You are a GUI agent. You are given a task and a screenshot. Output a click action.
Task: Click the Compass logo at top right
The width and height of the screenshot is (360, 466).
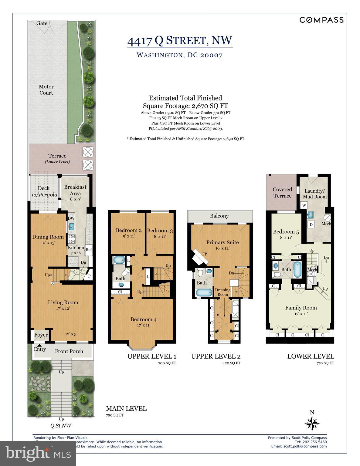tap(321, 20)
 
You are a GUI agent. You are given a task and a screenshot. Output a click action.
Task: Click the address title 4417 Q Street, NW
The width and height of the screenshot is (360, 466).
tap(180, 41)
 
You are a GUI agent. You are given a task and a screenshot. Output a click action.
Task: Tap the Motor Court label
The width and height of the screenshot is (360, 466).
tap(46, 90)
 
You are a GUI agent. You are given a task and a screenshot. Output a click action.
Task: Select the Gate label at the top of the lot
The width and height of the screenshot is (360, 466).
tap(42, 23)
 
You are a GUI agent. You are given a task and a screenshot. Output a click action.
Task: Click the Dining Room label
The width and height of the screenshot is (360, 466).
tap(48, 237)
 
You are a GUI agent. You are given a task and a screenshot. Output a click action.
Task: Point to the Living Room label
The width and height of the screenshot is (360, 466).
tap(63, 302)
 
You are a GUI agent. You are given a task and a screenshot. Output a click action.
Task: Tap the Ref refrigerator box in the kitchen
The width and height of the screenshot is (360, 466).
tap(89, 250)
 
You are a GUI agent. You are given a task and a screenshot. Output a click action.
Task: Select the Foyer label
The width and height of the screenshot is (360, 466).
tap(41, 335)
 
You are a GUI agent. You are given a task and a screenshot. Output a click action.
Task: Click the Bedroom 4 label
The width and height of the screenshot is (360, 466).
tap(144, 319)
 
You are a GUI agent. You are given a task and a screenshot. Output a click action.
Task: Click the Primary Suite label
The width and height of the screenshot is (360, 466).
tap(222, 242)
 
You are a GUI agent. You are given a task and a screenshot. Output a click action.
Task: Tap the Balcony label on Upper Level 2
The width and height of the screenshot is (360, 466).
tap(219, 216)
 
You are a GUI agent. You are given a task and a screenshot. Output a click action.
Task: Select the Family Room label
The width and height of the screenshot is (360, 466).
tap(301, 308)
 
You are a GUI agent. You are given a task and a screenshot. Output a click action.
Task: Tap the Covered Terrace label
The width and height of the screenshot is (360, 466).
tap(282, 193)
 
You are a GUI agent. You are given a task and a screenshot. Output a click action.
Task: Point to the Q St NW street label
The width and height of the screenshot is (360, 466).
tap(61, 426)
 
